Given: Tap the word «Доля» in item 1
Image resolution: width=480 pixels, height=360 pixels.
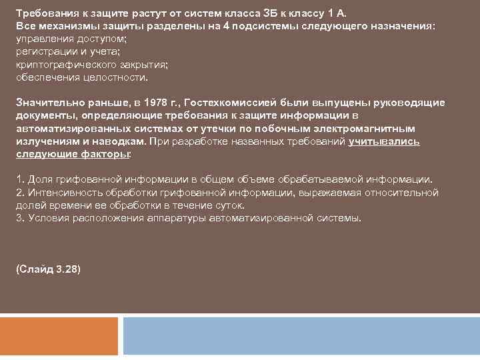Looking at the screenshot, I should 39,180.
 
